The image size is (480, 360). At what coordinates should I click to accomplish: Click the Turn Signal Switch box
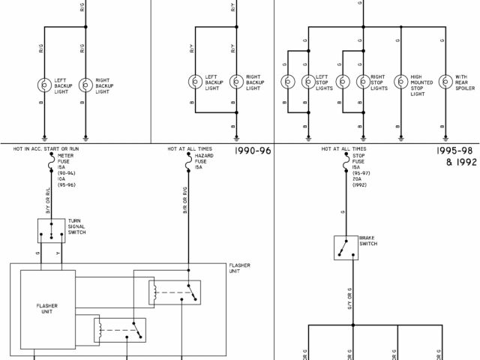pyautogui.click(x=51, y=230)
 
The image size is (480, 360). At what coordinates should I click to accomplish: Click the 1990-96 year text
pyautogui.click(x=252, y=151)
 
